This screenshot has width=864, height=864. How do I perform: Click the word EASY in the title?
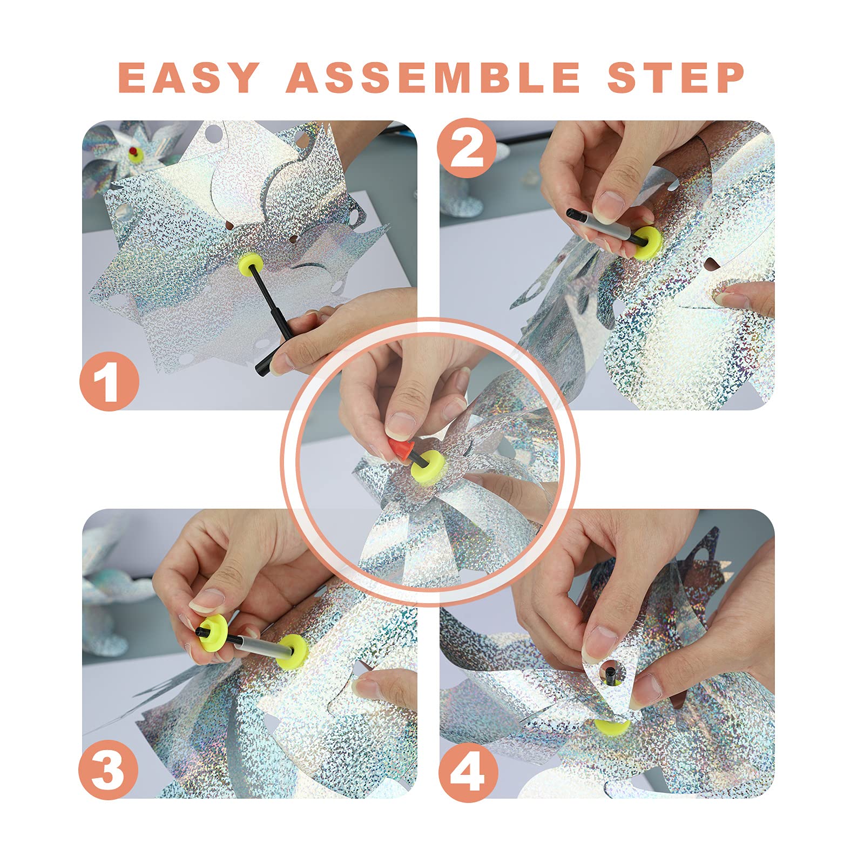(x=189, y=77)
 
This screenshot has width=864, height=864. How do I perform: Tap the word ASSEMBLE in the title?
(x=433, y=77)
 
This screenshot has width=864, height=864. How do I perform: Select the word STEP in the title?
(x=676, y=77)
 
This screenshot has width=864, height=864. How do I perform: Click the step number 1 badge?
(x=110, y=381)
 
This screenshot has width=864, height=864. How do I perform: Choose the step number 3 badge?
(x=109, y=769)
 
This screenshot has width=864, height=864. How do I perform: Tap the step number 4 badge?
(x=468, y=769)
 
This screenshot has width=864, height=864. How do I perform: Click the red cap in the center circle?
(x=400, y=449)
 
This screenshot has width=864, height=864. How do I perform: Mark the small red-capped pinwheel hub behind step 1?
(x=134, y=154)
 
